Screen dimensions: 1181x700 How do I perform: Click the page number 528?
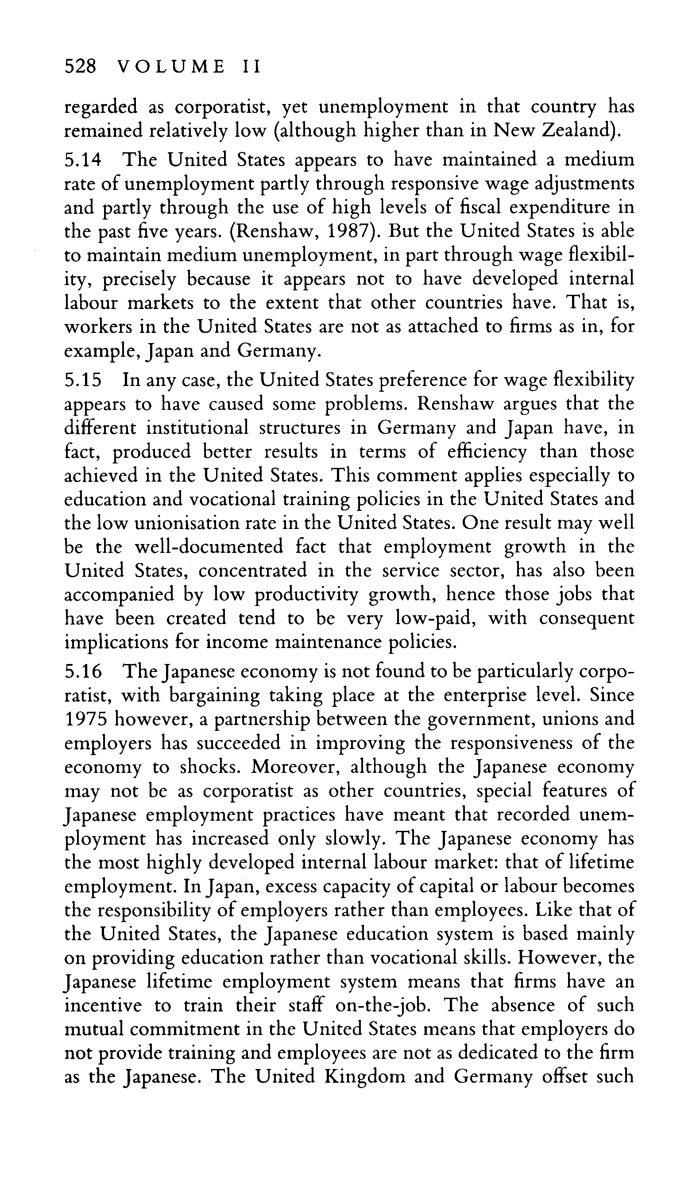point(80,67)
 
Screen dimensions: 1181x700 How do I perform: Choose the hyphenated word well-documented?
point(209,547)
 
